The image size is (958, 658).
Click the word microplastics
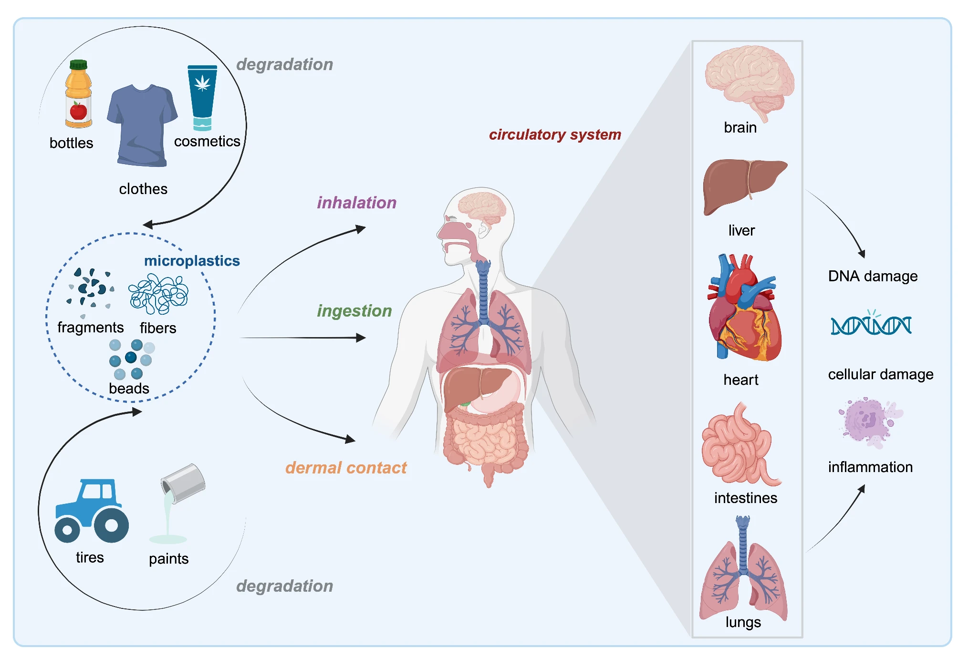[192, 261]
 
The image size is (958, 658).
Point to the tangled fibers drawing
[158, 294]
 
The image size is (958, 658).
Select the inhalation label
[357, 203]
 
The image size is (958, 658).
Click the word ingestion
[354, 311]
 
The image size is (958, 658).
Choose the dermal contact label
[346, 468]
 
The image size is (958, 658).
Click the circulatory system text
[555, 135]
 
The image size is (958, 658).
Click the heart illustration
[744, 310]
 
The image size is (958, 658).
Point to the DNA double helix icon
[871, 325]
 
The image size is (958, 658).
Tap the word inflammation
[870, 467]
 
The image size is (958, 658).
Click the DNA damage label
[873, 276]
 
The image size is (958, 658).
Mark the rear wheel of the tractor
[111, 525]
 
